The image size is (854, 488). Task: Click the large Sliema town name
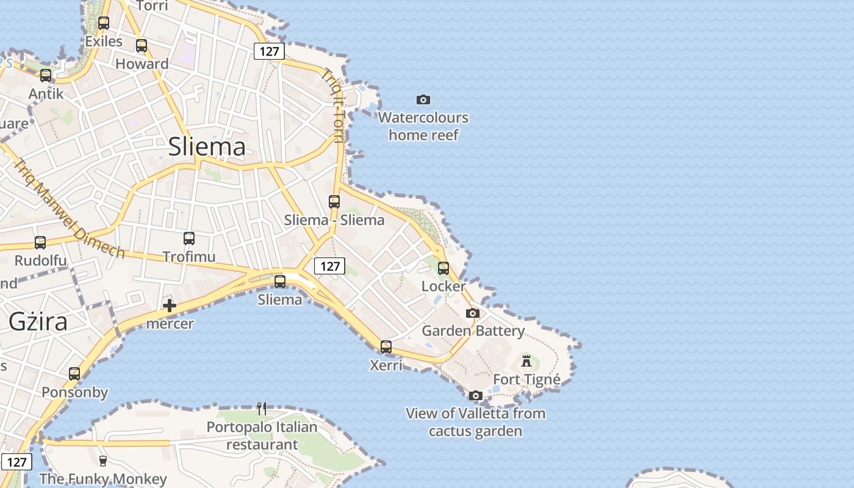click(x=207, y=146)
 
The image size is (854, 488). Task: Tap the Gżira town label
click(x=38, y=321)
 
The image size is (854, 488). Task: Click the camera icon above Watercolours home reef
click(x=423, y=99)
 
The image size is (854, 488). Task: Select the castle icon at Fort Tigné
click(x=526, y=361)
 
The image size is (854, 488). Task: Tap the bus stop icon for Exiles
click(x=104, y=23)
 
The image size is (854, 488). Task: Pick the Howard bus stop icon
click(x=142, y=45)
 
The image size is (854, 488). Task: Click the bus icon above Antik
click(x=46, y=76)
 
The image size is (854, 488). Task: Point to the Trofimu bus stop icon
click(x=189, y=239)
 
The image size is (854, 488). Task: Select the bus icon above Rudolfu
click(x=40, y=243)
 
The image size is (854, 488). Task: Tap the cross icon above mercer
click(x=170, y=306)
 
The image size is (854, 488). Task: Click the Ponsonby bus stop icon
click(x=74, y=374)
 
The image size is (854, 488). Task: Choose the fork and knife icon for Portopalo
click(x=262, y=408)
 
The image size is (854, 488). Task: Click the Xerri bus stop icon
click(x=386, y=347)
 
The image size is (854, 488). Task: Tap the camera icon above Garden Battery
click(x=473, y=313)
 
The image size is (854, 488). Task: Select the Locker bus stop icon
click(x=443, y=268)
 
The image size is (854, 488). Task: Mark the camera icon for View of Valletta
click(x=476, y=395)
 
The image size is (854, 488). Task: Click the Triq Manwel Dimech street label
click(x=69, y=209)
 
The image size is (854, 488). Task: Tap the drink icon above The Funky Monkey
click(x=103, y=461)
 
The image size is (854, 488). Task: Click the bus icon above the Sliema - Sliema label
click(x=334, y=201)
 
